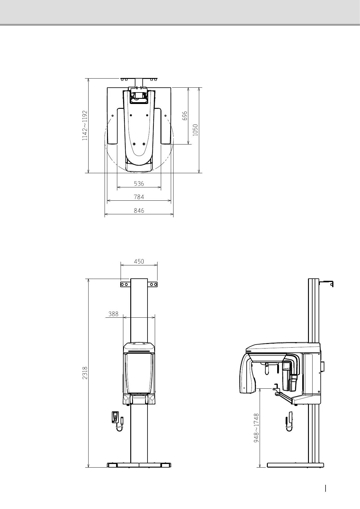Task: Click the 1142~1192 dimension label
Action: click(85, 125)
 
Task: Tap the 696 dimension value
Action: click(185, 116)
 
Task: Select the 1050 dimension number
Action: click(195, 130)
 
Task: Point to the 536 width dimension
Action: click(139, 183)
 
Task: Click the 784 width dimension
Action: click(139, 197)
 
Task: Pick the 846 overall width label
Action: click(139, 211)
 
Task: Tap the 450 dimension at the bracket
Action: click(139, 261)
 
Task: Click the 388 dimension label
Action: click(113, 314)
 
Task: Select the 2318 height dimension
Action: click(85, 373)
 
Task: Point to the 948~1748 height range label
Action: click(256, 428)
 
